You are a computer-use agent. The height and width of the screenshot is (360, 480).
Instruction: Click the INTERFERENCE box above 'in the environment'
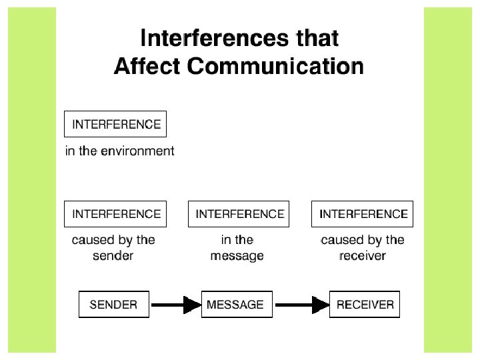tap(116, 124)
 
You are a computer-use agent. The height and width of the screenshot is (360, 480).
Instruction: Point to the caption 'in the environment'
tap(119, 151)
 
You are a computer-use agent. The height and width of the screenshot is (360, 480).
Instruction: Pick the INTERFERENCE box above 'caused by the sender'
tap(116, 214)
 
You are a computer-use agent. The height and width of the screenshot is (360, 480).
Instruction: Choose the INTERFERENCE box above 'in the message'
tap(239, 214)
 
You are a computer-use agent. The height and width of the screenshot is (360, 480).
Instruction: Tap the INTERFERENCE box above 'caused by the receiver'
tap(363, 214)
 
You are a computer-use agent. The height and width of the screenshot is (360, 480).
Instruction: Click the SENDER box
tap(113, 305)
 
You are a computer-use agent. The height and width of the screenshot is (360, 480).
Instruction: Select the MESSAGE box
tap(235, 305)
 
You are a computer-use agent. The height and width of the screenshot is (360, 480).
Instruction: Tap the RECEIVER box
tap(365, 305)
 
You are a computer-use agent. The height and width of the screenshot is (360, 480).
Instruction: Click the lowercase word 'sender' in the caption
tap(113, 256)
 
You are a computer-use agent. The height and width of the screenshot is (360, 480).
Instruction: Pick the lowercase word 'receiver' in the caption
tap(363, 256)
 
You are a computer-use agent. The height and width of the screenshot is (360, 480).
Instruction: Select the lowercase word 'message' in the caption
tap(237, 256)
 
